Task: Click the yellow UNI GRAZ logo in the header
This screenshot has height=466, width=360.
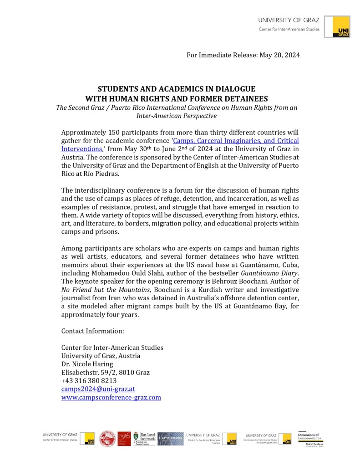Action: click(341, 27)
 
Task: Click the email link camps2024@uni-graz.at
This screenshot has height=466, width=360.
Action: click(98, 389)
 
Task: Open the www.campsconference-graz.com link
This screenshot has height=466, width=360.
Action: click(111, 397)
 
